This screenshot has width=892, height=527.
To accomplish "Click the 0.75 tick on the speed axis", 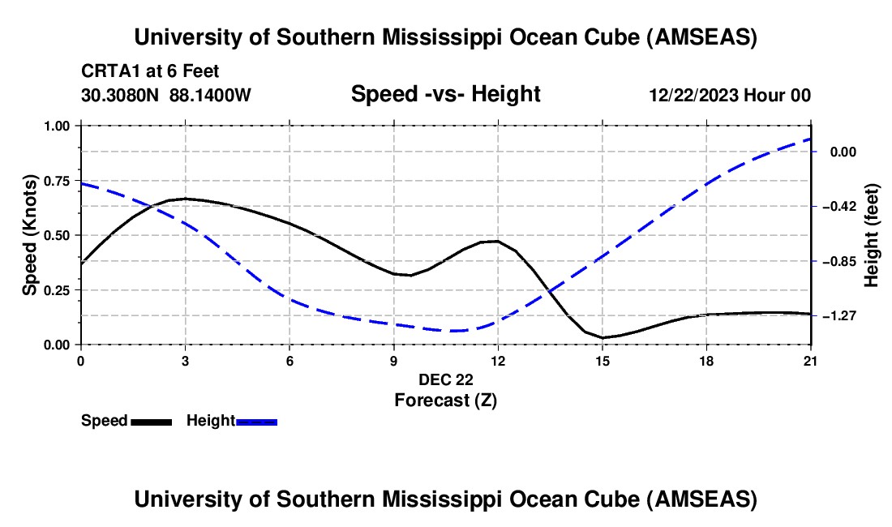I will pyautogui.click(x=60, y=181).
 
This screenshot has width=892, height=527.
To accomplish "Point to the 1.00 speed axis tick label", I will pyautogui.click(x=60, y=126).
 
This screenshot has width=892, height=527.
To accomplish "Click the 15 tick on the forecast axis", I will pyautogui.click(x=603, y=360).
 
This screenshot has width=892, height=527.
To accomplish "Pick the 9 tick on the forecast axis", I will pyautogui.click(x=394, y=360).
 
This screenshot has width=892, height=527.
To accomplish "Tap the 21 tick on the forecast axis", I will pyautogui.click(x=811, y=360).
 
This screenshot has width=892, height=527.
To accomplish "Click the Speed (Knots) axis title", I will pyautogui.click(x=29, y=235).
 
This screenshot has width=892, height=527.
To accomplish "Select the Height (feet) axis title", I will pyautogui.click(x=873, y=235).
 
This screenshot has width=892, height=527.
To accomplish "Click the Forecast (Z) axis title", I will pyautogui.click(x=445, y=400).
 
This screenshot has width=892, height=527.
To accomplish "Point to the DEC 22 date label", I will pyautogui.click(x=445, y=379).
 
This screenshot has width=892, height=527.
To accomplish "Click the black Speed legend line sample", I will pyautogui.click(x=151, y=421).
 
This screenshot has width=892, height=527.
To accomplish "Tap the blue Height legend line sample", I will pyautogui.click(x=257, y=421).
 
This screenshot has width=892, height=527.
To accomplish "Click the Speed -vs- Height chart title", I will pyautogui.click(x=445, y=94).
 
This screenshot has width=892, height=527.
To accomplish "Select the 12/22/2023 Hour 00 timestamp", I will pyautogui.click(x=730, y=95).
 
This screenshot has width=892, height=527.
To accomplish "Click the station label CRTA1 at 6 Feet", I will pyautogui.click(x=150, y=72).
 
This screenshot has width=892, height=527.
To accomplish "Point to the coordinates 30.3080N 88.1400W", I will pyautogui.click(x=166, y=95).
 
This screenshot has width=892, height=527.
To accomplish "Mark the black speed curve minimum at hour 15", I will pyautogui.click(x=603, y=337).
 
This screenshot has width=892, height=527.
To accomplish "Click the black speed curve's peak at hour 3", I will pyautogui.click(x=186, y=198).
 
